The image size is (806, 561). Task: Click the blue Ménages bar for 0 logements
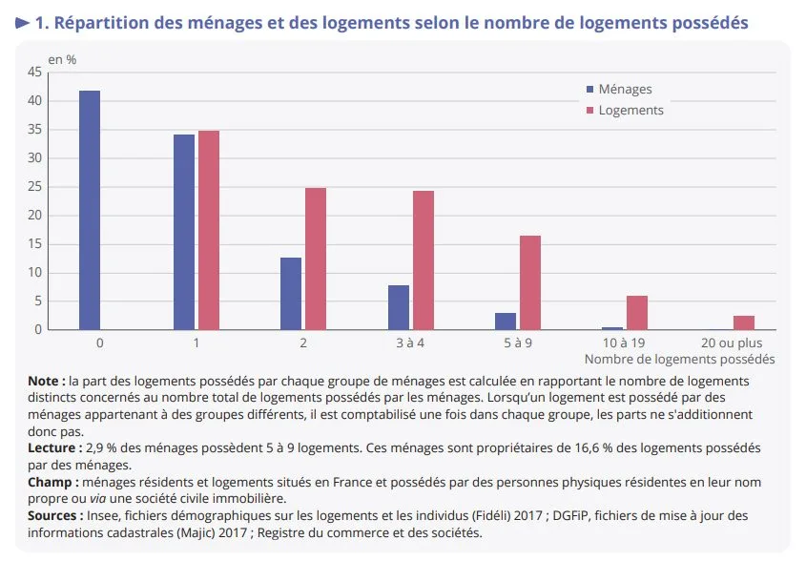click(90, 210)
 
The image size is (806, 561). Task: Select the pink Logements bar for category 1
click(209, 230)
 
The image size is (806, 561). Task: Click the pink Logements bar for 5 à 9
click(530, 282)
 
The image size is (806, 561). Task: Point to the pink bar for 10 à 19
click(637, 313)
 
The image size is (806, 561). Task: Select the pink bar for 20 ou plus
click(744, 322)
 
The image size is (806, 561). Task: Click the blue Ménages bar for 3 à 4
click(399, 307)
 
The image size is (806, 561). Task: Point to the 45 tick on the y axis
click(34, 72)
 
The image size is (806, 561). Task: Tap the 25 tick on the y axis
click(34, 186)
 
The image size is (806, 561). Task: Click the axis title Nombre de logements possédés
click(678, 359)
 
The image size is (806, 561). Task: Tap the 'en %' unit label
click(63, 59)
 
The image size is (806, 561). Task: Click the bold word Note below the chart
click(46, 381)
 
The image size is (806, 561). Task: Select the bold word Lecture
click(53, 447)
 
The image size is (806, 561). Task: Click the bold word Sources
click(55, 515)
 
